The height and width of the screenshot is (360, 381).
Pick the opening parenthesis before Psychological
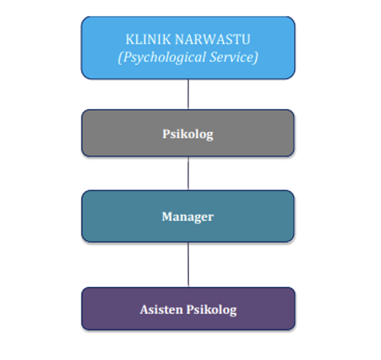pos(120,57)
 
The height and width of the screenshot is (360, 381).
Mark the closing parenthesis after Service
pos(256,57)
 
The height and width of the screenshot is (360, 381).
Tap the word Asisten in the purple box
pos(160,309)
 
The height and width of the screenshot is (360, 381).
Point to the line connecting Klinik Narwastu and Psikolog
pos(188,94)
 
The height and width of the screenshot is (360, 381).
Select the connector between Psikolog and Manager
pos(188,173)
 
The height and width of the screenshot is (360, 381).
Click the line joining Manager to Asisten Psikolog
pos(188,264)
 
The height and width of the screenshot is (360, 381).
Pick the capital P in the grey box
pos(166,134)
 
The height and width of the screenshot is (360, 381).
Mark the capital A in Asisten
pos(144,309)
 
